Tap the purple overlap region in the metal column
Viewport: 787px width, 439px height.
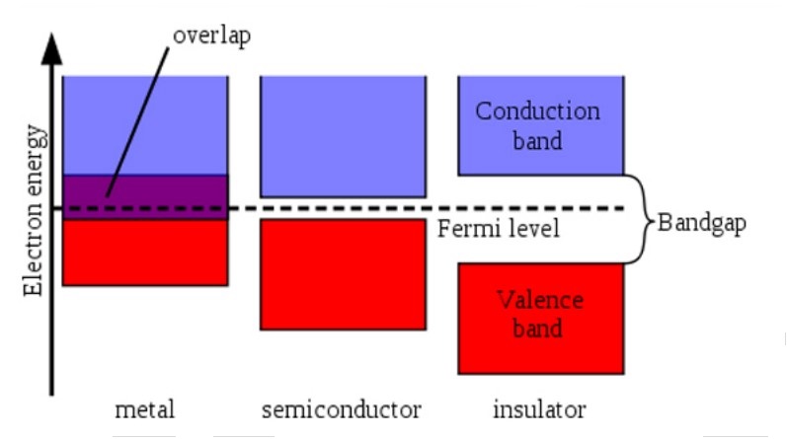click(145, 190)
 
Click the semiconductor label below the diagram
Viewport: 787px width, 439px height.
click(342, 406)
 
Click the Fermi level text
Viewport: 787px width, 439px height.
click(499, 230)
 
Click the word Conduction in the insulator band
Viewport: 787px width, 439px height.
click(537, 110)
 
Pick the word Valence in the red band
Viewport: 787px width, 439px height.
click(539, 300)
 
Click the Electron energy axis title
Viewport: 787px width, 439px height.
click(34, 210)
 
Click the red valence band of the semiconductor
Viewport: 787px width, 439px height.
click(342, 273)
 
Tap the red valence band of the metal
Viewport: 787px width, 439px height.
click(145, 253)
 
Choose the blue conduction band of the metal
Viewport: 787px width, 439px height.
click(145, 123)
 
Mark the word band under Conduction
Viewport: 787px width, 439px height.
click(538, 140)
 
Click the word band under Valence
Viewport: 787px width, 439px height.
click(537, 329)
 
